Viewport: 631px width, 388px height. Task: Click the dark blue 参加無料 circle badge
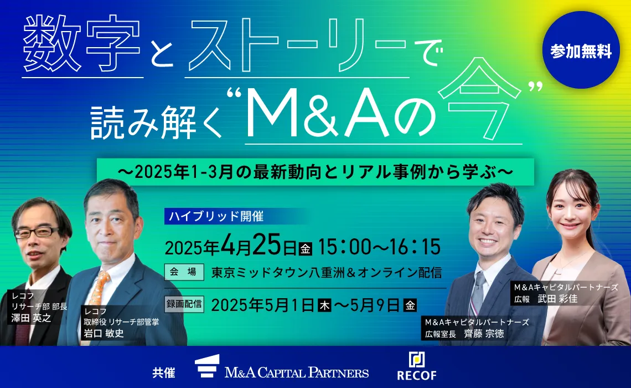pyautogui.click(x=581, y=50)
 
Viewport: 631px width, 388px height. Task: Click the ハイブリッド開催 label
pyautogui.click(x=216, y=216)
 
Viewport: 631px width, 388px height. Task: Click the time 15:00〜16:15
pyautogui.click(x=380, y=246)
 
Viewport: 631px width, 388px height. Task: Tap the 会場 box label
pyautogui.click(x=184, y=272)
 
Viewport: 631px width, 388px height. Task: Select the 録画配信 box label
pyautogui.click(x=184, y=304)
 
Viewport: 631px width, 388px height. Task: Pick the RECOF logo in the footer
pyautogui.click(x=416, y=366)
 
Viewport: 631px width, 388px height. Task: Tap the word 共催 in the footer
pyautogui.click(x=164, y=372)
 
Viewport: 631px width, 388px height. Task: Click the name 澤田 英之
pyautogui.click(x=32, y=318)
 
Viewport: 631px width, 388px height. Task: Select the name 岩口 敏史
pyautogui.click(x=104, y=333)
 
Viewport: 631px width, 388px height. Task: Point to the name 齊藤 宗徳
pyautogui.click(x=484, y=334)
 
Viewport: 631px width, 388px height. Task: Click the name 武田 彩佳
pyautogui.click(x=557, y=299)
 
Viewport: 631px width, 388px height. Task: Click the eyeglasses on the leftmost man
pyautogui.click(x=36, y=232)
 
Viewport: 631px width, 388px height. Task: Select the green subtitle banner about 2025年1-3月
pyautogui.click(x=316, y=172)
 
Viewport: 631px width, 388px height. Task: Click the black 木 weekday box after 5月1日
pyautogui.click(x=324, y=305)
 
